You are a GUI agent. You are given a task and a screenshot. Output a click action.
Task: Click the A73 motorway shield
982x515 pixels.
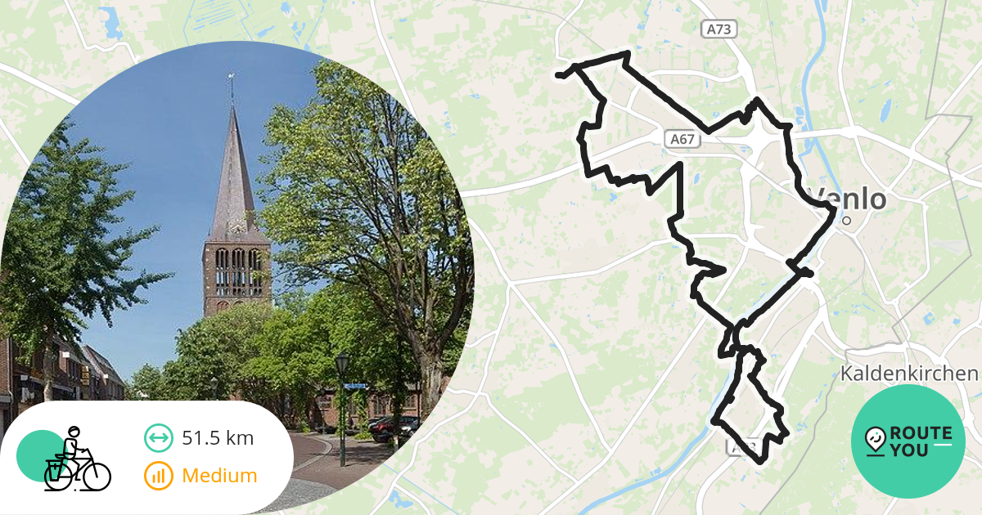point(719,29)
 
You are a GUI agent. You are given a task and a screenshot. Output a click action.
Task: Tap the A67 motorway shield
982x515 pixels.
point(682,140)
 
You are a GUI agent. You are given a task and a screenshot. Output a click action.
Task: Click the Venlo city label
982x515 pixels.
point(849,199)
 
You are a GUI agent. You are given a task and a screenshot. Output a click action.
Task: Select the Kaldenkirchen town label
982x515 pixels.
point(908,374)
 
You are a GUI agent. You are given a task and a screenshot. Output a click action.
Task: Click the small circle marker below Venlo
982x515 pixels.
point(847,220)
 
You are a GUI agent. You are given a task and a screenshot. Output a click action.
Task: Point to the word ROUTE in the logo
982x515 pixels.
point(921,433)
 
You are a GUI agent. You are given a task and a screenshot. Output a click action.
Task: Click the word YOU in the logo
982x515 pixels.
point(909,450)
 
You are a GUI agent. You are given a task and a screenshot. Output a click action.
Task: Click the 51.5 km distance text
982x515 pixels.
point(218,438)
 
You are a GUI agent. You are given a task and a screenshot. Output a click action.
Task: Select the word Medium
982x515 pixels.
point(219,475)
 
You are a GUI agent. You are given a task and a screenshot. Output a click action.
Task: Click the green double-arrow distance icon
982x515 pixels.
point(158,438)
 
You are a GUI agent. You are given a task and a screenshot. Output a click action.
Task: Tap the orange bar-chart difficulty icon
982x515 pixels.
point(158,475)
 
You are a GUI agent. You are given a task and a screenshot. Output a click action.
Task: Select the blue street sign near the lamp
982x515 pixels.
point(354,385)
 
